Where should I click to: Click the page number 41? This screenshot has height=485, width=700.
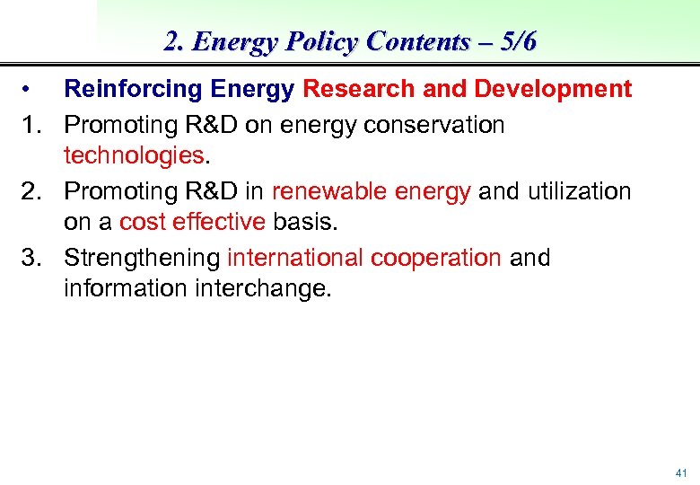click(680, 472)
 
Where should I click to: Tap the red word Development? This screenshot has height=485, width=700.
click(553, 90)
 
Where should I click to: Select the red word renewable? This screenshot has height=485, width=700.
click(326, 190)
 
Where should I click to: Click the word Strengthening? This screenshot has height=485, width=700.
click(142, 258)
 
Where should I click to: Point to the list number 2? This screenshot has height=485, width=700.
click(31, 190)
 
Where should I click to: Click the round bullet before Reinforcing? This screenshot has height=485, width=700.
click(29, 90)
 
